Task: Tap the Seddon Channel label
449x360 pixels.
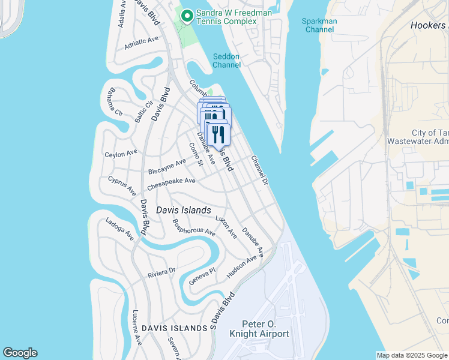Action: coord(226,61)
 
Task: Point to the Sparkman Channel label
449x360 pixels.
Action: coord(319,25)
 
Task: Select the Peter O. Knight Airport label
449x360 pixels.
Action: coord(265,329)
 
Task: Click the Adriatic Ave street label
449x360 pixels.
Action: coord(141,43)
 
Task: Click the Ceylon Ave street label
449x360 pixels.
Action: coord(122,154)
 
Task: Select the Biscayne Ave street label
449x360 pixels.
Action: coord(167,165)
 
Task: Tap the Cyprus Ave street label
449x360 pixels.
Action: coord(122,185)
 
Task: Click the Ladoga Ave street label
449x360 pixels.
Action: coord(119,229)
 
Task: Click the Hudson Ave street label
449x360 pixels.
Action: coord(242,267)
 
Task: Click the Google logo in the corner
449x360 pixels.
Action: coord(20,353)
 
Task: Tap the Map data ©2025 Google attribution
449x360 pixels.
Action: coord(412,355)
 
